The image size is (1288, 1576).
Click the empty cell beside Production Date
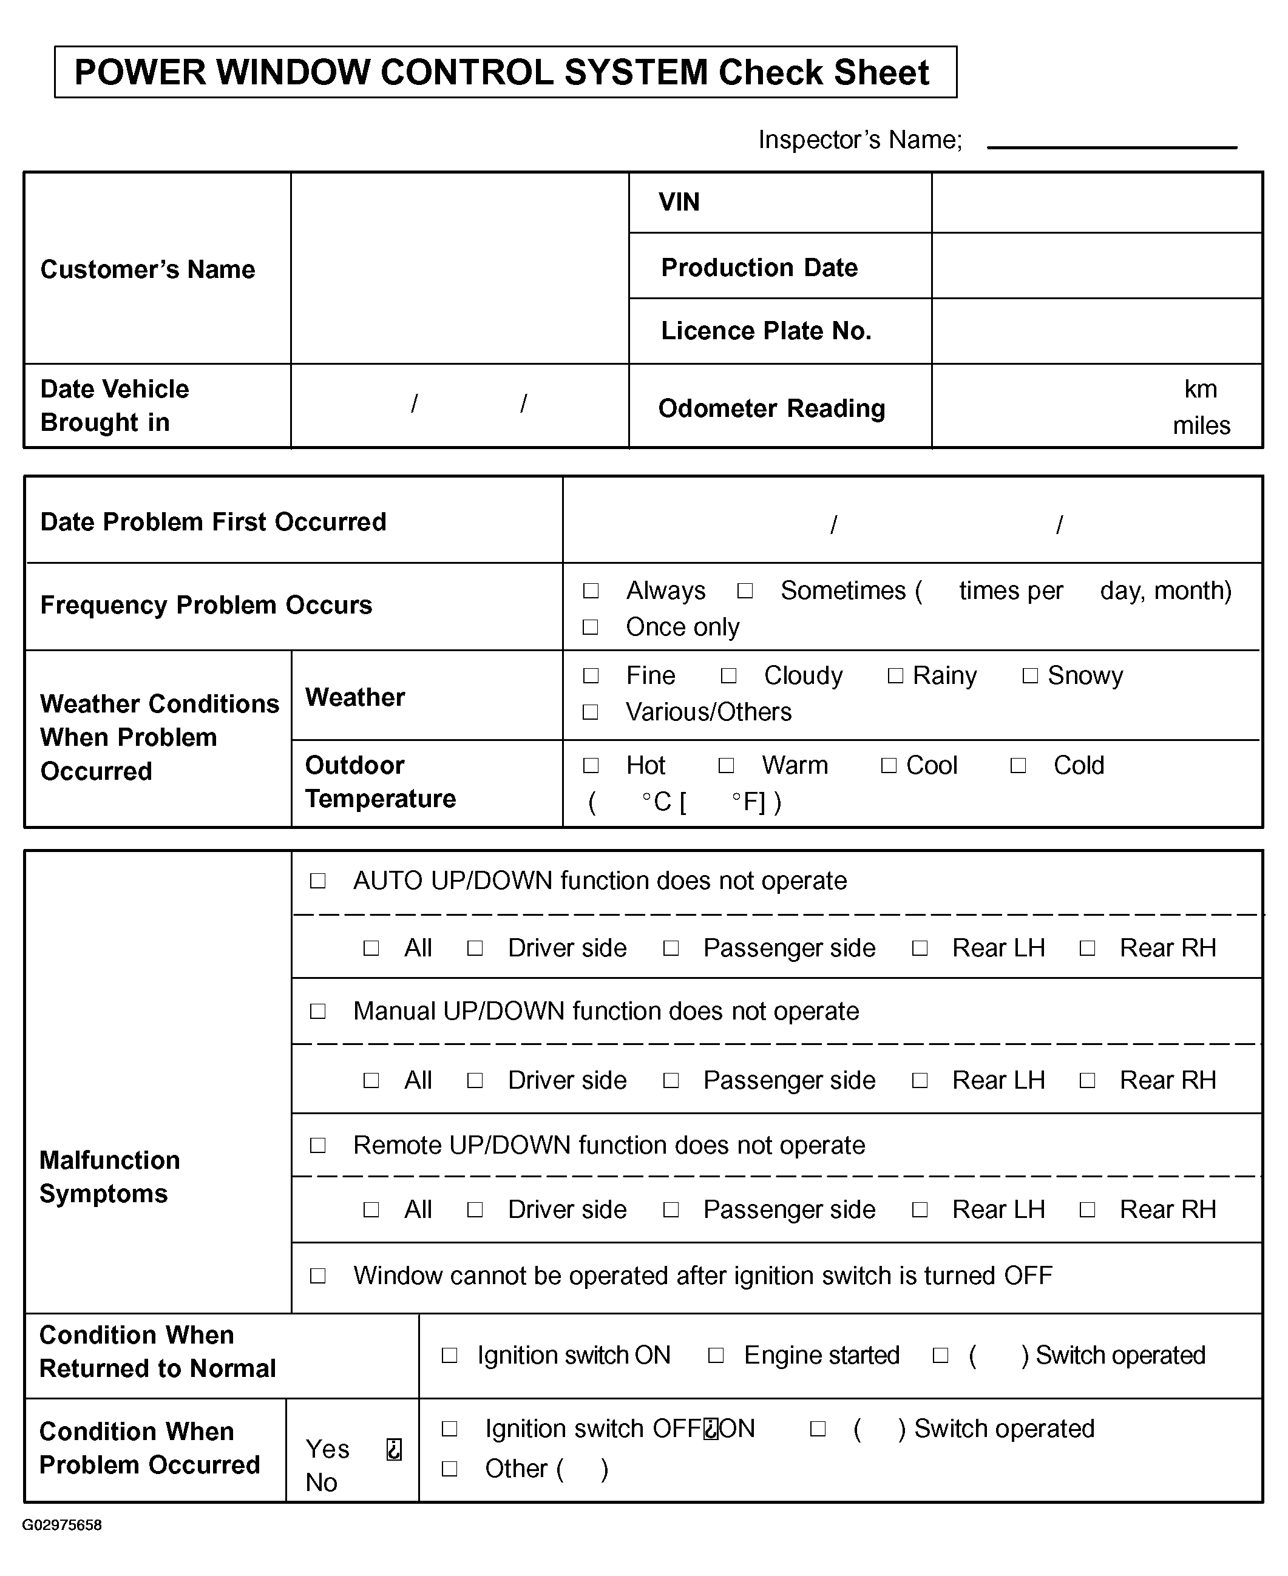(x=1096, y=266)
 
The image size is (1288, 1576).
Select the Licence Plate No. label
(x=765, y=331)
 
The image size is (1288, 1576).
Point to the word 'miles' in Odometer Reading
(x=1201, y=425)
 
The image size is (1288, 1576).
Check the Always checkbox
(x=591, y=590)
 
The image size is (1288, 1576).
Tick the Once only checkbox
(x=591, y=627)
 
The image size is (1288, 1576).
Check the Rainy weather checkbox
(x=895, y=675)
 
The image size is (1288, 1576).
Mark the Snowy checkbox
(x=1030, y=675)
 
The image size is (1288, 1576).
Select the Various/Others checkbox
(x=591, y=712)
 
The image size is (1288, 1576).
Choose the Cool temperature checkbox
(x=889, y=765)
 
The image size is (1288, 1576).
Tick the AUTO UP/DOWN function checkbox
(x=317, y=881)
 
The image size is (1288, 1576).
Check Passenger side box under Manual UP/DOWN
(x=671, y=1081)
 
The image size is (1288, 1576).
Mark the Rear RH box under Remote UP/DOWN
(x=1087, y=1209)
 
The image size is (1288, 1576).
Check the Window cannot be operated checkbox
(x=317, y=1276)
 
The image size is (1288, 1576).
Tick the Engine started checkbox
(x=716, y=1356)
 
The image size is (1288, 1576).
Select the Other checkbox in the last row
(x=450, y=1469)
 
